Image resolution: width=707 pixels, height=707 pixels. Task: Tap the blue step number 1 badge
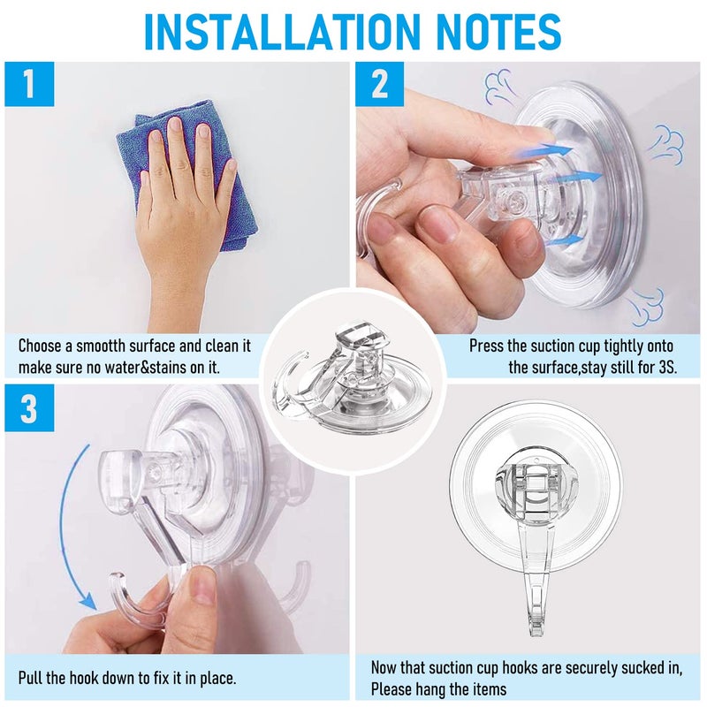point(29,85)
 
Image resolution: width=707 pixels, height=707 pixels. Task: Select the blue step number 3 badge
point(29,407)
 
